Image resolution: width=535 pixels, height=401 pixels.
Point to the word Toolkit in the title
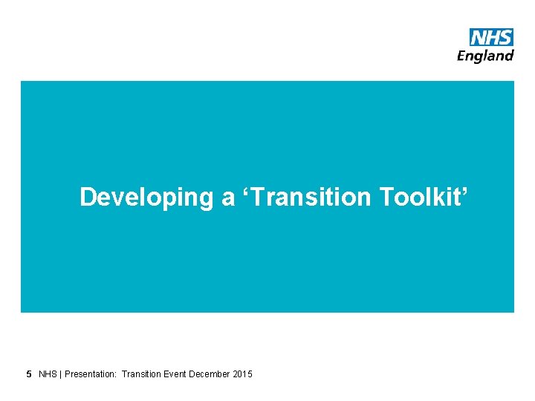tap(421, 198)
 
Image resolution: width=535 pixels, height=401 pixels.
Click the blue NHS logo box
tap(491, 37)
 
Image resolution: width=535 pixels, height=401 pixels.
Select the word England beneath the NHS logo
tap(485, 56)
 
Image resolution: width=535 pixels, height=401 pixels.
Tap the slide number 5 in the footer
tap(29, 374)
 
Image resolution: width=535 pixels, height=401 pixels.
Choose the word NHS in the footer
tap(48, 374)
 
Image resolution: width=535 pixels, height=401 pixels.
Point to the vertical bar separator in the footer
tap(61, 374)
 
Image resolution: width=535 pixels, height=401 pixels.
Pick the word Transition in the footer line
tap(141, 374)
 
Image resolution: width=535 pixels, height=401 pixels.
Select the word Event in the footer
tap(175, 374)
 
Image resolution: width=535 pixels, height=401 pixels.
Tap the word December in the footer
tap(210, 374)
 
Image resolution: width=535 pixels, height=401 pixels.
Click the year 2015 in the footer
tap(243, 374)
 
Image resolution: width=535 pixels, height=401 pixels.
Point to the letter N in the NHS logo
tap(479, 37)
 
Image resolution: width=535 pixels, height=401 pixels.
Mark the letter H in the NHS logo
tap(492, 37)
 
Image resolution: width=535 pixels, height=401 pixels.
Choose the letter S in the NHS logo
tap(505, 37)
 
